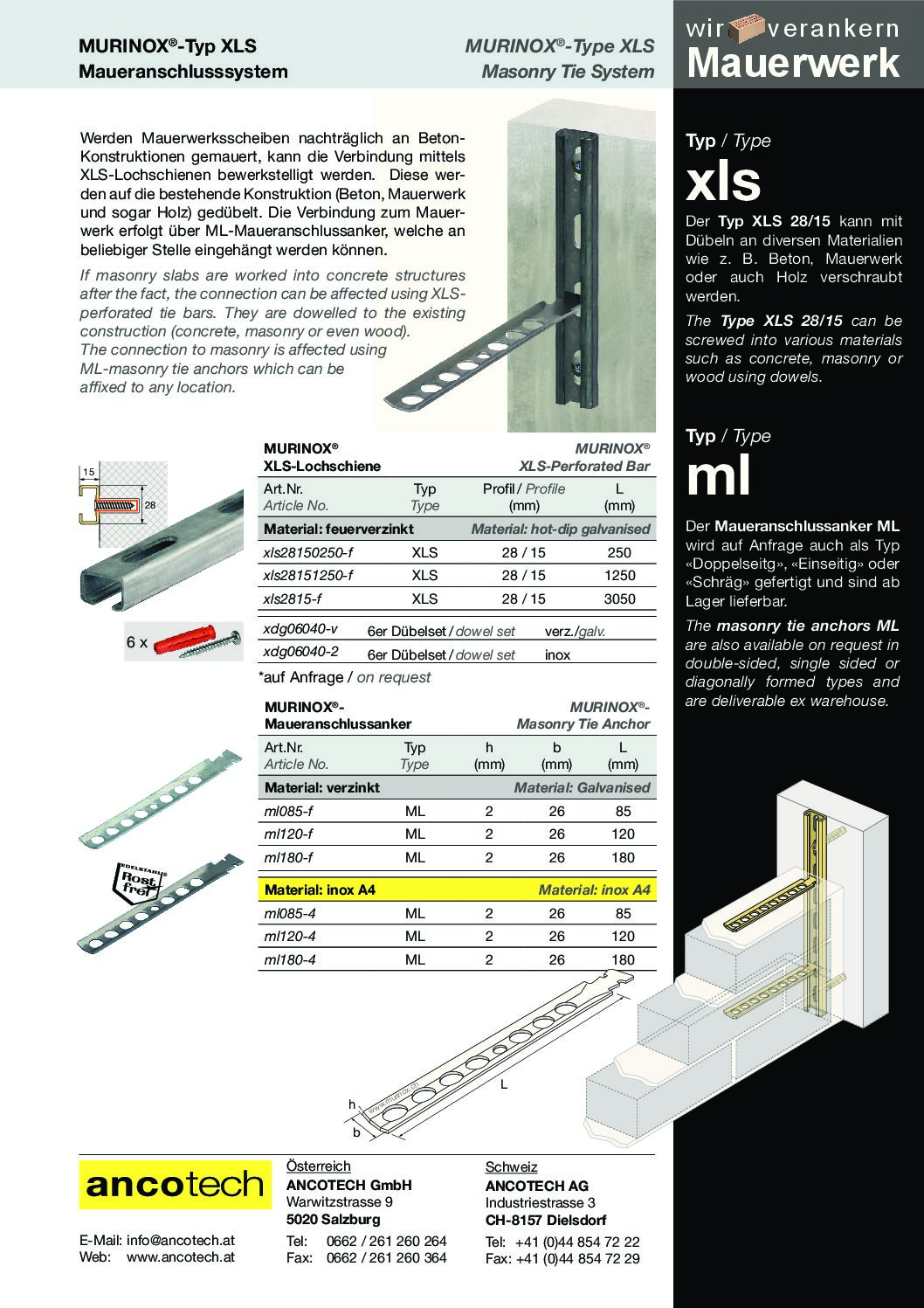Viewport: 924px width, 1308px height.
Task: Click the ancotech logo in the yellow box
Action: (x=174, y=1185)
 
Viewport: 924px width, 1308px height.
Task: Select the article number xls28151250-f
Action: (x=308, y=576)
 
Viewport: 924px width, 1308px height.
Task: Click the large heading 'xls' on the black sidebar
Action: (x=724, y=181)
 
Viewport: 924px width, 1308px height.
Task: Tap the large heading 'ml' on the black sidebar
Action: (x=718, y=476)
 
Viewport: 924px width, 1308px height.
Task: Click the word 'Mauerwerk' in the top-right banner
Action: (x=794, y=64)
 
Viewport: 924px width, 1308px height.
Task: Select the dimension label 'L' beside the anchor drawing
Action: (x=504, y=1084)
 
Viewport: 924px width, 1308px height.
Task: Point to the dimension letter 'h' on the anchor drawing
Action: (x=353, y=1105)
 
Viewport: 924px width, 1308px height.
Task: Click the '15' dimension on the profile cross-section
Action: (x=88, y=473)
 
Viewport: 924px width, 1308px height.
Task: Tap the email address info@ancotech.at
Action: (x=181, y=1240)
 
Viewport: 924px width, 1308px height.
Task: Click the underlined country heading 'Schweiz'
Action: (x=511, y=1167)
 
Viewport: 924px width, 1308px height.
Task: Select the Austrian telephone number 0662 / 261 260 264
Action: (x=386, y=1241)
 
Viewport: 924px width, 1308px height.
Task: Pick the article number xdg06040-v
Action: (x=300, y=631)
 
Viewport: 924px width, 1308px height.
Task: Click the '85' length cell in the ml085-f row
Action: (x=623, y=811)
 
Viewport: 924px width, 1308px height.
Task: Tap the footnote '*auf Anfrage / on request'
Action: (x=345, y=677)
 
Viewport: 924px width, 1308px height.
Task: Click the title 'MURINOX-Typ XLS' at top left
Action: (x=168, y=46)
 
